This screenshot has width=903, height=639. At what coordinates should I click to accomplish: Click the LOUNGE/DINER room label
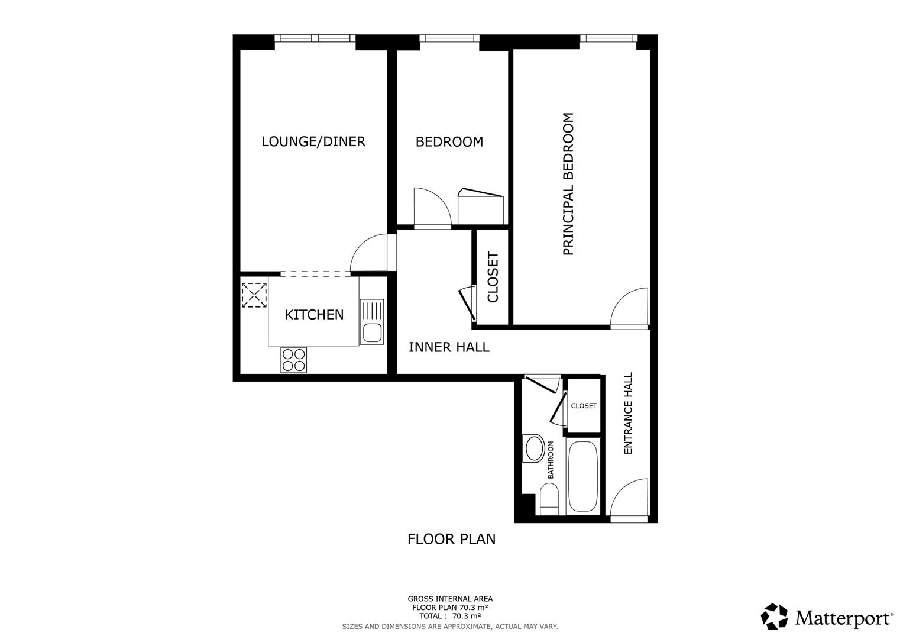313,141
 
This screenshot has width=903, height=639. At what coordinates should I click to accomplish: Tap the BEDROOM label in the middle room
449,142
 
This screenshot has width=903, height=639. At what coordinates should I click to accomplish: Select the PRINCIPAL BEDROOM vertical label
568,184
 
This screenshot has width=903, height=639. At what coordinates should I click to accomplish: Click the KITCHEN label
314,314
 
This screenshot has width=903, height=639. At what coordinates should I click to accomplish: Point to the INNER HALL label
449,347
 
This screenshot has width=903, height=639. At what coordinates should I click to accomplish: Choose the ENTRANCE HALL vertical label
628,413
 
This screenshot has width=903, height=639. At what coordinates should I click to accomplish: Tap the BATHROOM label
551,460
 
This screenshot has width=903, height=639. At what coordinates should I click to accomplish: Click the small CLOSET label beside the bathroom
584,406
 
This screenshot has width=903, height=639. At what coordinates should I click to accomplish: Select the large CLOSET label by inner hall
493,277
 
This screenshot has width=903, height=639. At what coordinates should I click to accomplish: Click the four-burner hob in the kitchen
294,359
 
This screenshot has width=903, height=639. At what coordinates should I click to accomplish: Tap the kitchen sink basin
372,333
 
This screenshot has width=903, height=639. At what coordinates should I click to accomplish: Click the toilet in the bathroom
549,498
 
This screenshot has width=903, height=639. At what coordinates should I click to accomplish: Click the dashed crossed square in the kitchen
254,295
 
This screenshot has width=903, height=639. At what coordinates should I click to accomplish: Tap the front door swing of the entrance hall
630,500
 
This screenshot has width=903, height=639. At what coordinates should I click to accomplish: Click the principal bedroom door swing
630,308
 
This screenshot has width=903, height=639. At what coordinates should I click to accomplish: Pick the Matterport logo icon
774,617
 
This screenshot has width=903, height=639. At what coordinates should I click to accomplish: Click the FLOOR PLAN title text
451,539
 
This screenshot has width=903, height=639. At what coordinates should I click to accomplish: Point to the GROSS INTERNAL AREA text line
450,599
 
